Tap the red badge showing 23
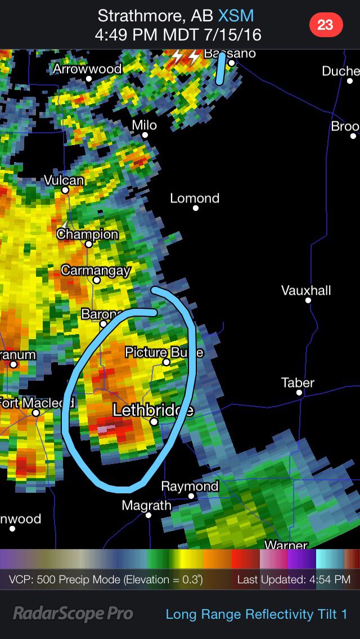tap(325, 25)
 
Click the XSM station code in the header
tap(236, 15)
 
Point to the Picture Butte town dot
tap(166, 362)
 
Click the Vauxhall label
tap(306, 290)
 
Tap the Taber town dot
tap(298, 393)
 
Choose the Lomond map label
tap(195, 198)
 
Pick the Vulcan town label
tap(64, 181)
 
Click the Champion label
tap(87, 234)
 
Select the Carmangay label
tap(95, 270)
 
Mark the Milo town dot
tap(145, 135)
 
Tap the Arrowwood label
tap(87, 69)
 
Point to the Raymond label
tap(190, 486)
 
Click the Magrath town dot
tap(148, 515)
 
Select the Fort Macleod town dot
tap(35, 413)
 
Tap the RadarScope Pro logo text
tap(73, 614)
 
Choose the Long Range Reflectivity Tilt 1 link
tap(256, 614)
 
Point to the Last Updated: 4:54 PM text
tap(294, 579)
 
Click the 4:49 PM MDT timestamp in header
tap(178, 34)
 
